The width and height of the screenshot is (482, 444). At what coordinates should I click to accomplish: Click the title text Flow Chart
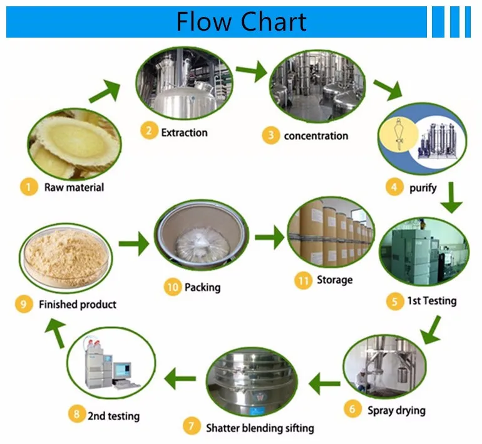(x=241, y=21)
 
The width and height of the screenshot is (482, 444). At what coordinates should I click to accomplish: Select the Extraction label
(x=184, y=132)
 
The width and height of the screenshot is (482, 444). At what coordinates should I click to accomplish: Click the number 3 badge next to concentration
(x=270, y=135)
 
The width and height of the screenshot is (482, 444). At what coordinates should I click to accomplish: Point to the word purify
(x=423, y=187)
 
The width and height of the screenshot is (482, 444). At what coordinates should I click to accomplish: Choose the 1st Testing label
(x=432, y=301)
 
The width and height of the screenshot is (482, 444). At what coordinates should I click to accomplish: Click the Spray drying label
(x=396, y=410)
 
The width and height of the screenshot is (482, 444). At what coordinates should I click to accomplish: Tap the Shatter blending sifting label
(x=260, y=428)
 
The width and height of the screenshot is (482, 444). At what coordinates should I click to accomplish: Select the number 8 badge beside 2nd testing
(x=76, y=415)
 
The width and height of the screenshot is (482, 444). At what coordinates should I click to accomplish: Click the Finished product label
(x=77, y=304)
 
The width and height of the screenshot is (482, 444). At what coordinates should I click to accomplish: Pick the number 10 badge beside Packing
(x=172, y=288)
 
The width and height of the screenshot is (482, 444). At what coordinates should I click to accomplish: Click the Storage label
(x=334, y=280)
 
